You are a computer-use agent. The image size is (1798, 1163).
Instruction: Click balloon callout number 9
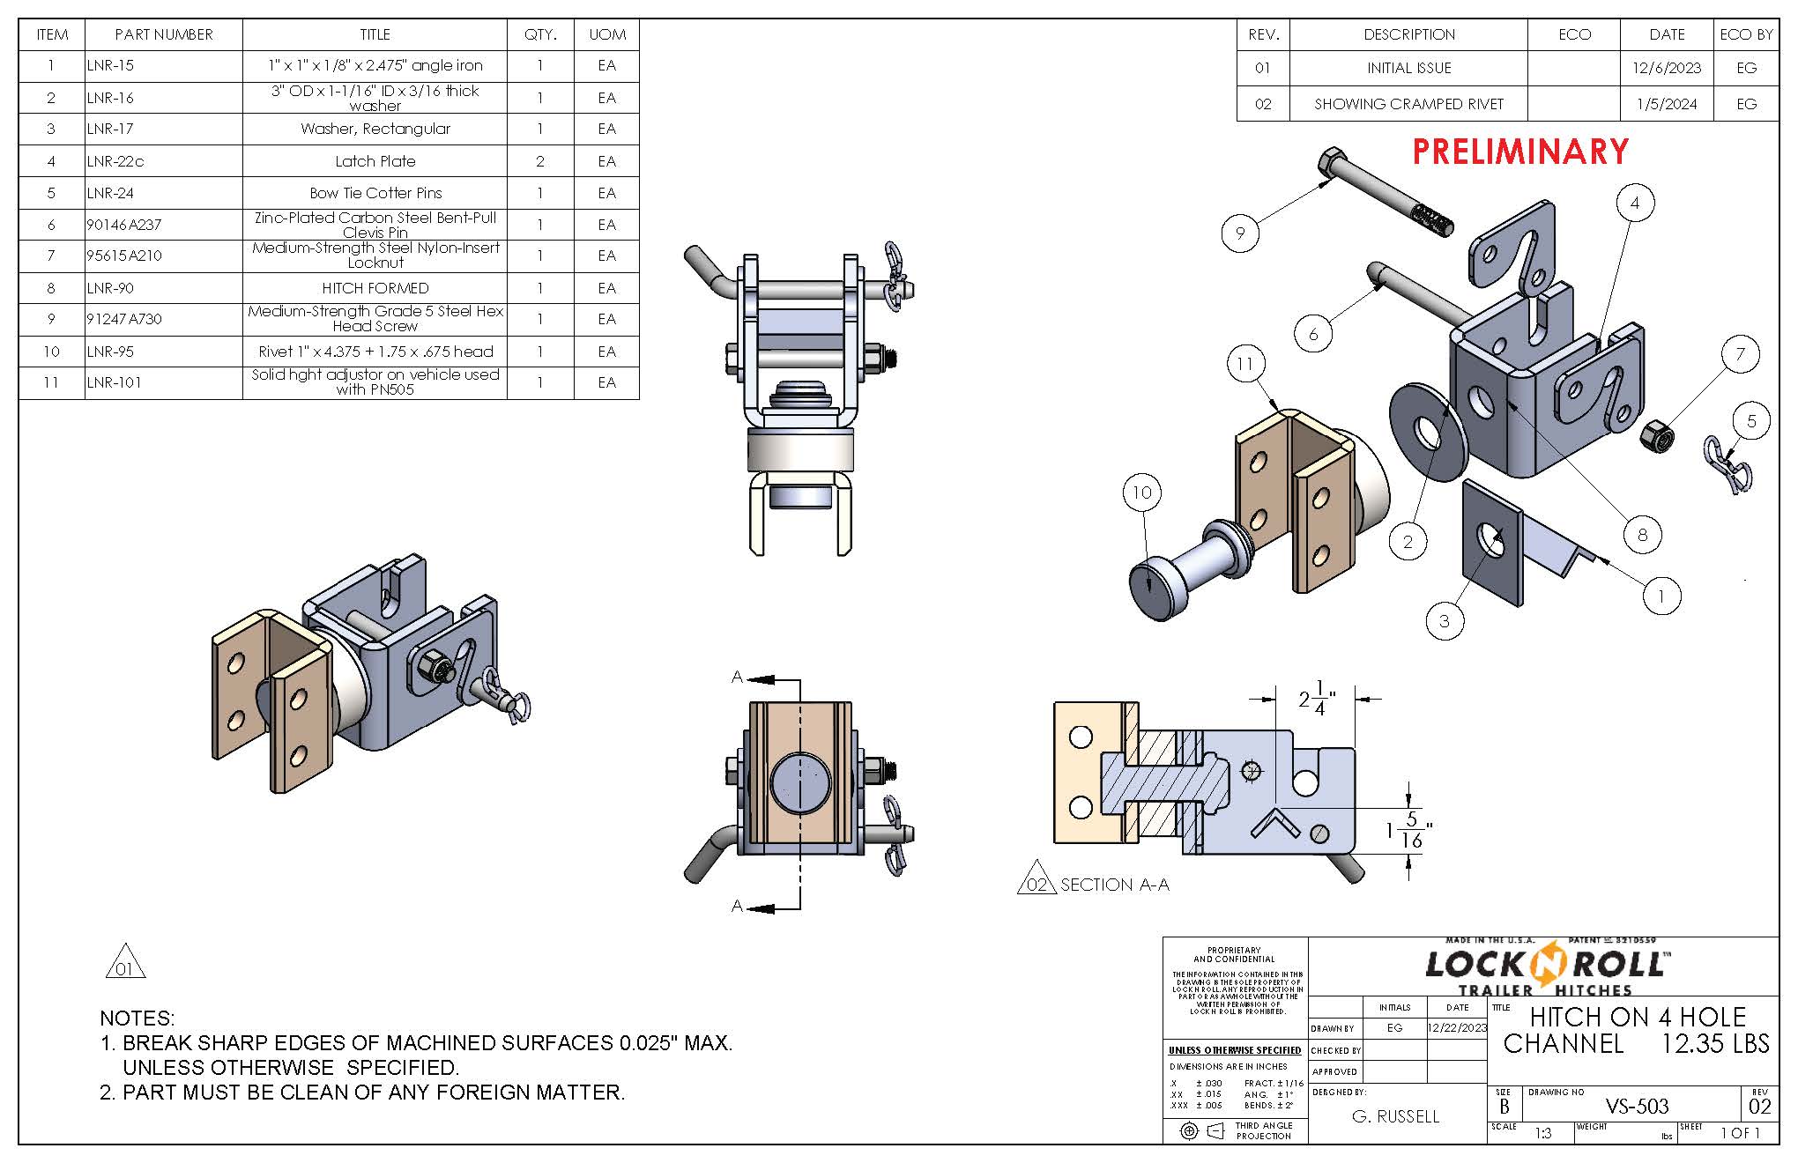tap(1240, 233)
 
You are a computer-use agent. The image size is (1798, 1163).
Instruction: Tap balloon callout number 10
tap(1142, 493)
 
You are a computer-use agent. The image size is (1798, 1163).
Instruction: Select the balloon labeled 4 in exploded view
tap(1635, 204)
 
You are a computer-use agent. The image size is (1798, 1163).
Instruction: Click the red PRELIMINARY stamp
tap(1520, 152)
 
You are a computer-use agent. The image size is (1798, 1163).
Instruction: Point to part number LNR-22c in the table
tap(115, 161)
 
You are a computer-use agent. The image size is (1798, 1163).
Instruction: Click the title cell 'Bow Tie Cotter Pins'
tap(375, 193)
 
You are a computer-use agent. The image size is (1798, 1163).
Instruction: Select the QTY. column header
tap(540, 34)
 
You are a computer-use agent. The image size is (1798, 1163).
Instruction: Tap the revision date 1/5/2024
tap(1667, 104)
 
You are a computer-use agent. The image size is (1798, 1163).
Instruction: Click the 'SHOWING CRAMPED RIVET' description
tap(1408, 104)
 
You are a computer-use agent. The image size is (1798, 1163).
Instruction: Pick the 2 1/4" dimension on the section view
tap(1317, 700)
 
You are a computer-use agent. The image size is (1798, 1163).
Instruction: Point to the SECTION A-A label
tap(1114, 885)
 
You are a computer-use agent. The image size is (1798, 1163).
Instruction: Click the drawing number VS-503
tap(1637, 1106)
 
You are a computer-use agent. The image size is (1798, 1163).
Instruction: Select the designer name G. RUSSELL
tap(1395, 1116)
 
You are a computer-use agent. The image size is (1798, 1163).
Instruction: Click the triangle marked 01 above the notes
tap(124, 963)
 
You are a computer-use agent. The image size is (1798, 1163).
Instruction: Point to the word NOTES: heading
tap(137, 1019)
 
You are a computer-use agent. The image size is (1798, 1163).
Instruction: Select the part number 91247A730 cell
tap(124, 319)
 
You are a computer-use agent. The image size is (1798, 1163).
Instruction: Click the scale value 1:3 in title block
tap(1542, 1134)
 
